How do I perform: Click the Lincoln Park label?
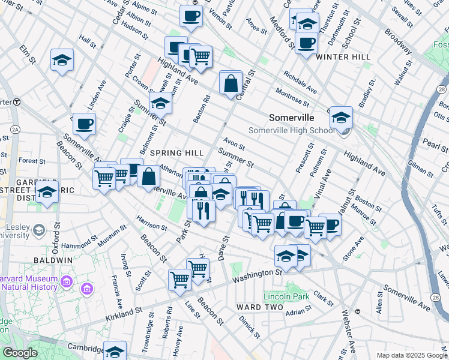(287, 296)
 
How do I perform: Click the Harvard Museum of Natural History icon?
(86, 290)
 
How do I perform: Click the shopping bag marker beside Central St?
(231, 83)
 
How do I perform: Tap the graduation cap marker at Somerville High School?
(341, 118)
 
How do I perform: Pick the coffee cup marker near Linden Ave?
(85, 124)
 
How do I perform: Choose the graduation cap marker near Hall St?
(62, 61)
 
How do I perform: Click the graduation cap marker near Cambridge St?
(115, 351)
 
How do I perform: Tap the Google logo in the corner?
(20, 353)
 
